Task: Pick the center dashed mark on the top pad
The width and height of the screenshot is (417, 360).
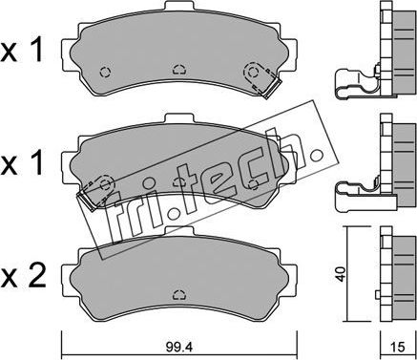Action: pos(177,68)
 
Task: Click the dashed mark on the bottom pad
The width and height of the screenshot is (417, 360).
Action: pos(177,296)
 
